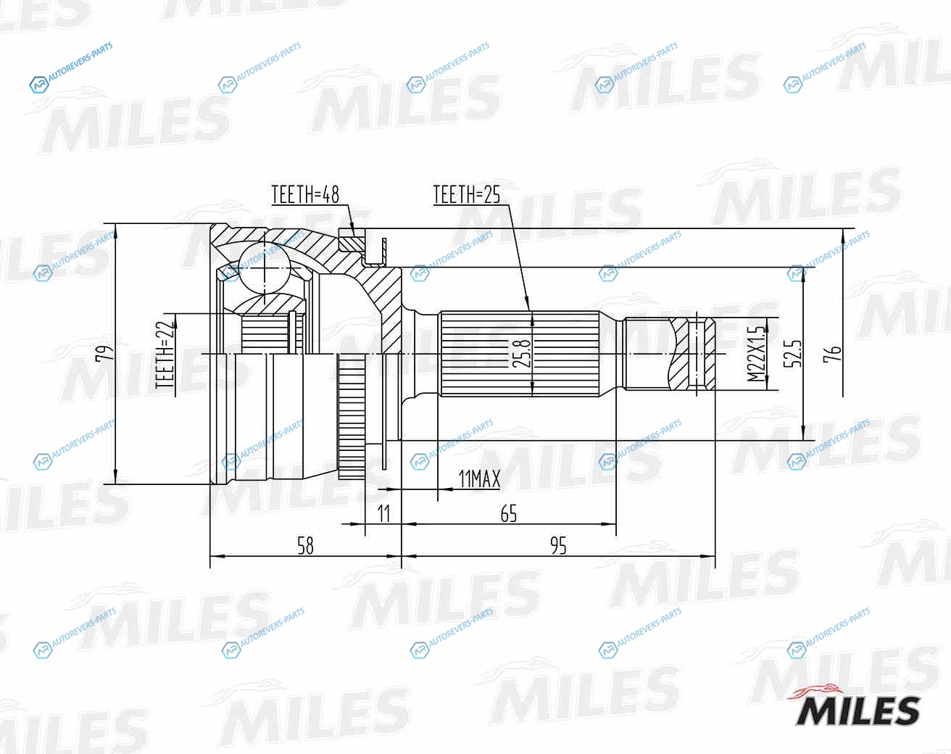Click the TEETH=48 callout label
(x=305, y=194)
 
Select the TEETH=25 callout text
(x=467, y=194)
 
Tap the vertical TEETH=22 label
(x=165, y=355)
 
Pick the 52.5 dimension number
(x=792, y=354)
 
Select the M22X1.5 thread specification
(x=757, y=354)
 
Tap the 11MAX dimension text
(x=479, y=478)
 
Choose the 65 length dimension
(x=509, y=513)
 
